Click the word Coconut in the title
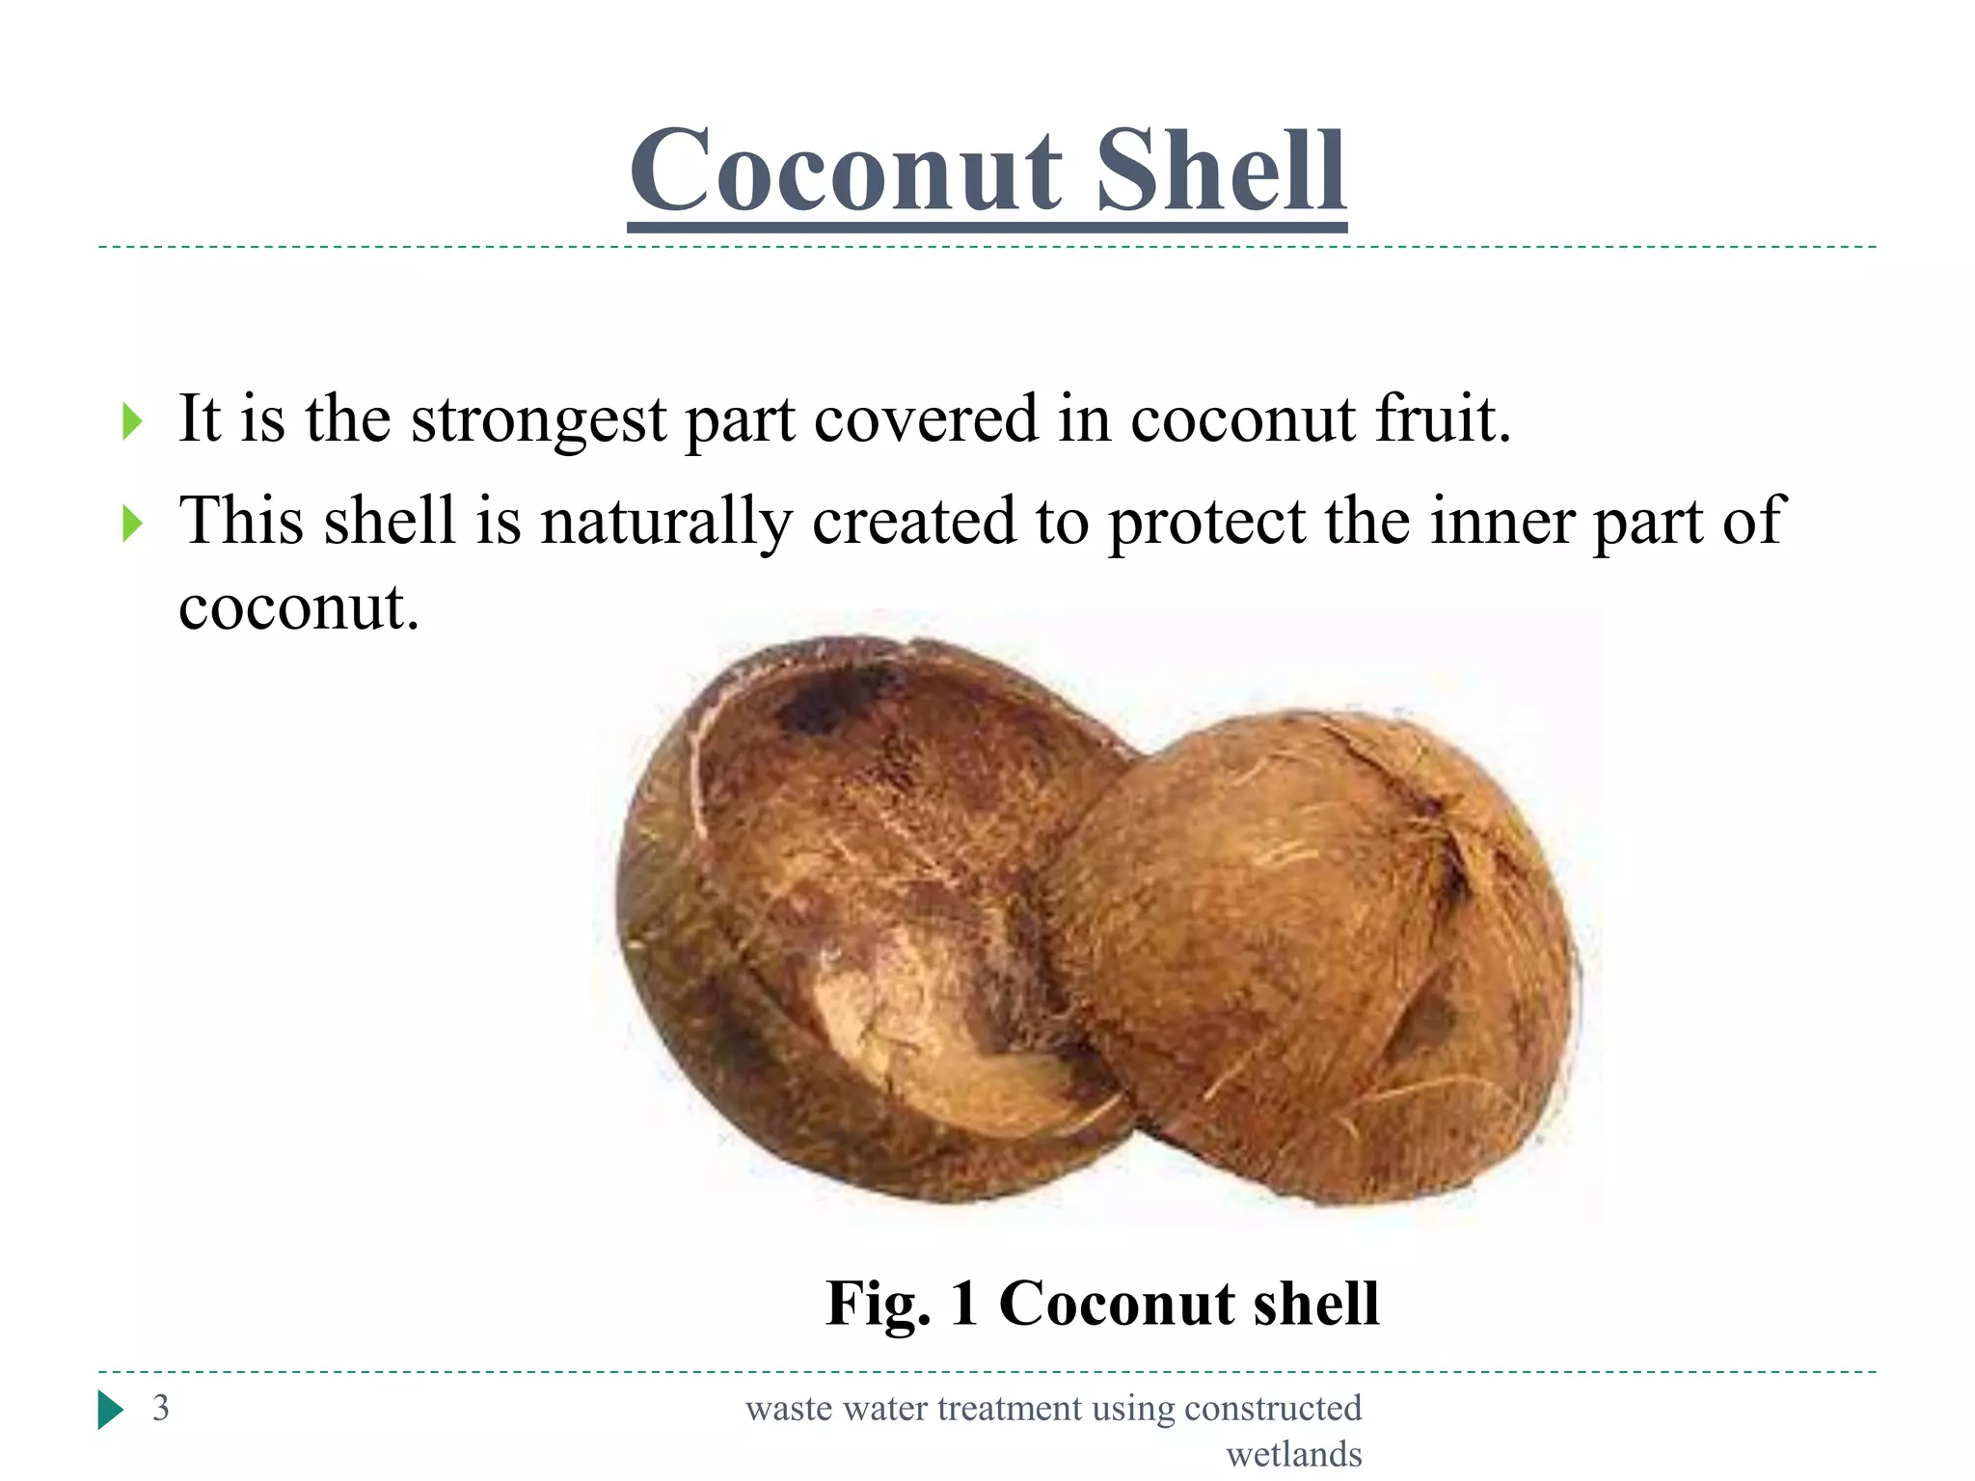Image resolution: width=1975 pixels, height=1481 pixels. [x=846, y=172]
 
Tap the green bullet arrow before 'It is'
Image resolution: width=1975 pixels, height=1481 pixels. [x=132, y=422]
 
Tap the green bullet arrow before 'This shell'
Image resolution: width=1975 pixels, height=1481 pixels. [x=132, y=525]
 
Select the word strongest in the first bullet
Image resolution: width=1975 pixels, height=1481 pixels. [x=538, y=420]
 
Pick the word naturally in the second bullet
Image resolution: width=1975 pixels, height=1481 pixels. [x=665, y=523]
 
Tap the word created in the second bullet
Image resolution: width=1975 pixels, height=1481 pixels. [x=914, y=521]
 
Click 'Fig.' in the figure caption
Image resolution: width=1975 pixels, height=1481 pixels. [x=878, y=1305]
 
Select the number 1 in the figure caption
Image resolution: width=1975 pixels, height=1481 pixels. [x=964, y=1304]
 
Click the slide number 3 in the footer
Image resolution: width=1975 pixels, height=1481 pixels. [x=161, y=1409]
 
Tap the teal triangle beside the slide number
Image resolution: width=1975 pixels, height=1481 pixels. [x=111, y=1410]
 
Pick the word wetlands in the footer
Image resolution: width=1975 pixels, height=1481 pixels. [x=1293, y=1454]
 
